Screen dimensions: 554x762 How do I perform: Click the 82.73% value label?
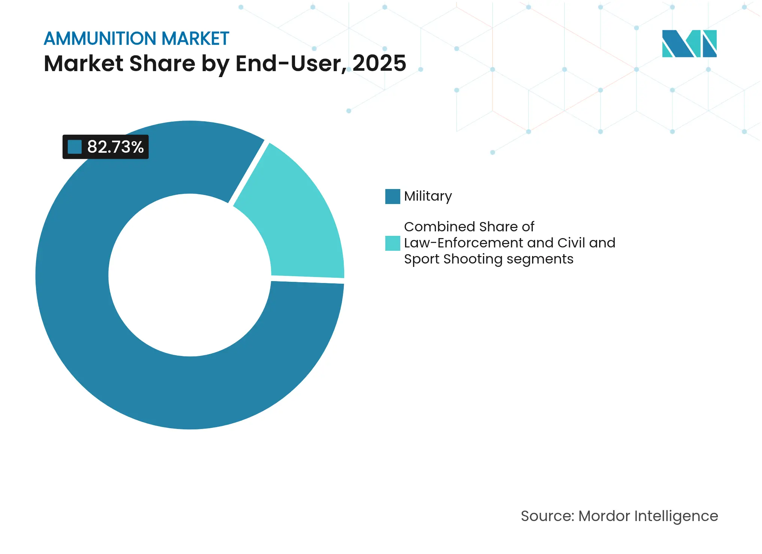[115, 147]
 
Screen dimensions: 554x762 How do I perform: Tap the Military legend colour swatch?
[392, 197]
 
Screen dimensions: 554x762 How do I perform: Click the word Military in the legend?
[428, 196]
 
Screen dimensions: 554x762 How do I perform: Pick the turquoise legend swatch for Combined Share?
[392, 243]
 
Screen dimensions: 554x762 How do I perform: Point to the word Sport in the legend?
[421, 259]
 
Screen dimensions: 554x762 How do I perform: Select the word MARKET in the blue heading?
[195, 39]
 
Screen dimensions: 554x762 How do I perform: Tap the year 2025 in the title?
[379, 63]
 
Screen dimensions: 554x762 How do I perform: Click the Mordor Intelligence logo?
[689, 44]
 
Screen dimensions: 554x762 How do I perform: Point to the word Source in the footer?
[547, 516]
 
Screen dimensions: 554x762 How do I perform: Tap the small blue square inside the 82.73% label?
[75, 147]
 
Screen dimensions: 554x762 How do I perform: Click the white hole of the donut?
[189, 275]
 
